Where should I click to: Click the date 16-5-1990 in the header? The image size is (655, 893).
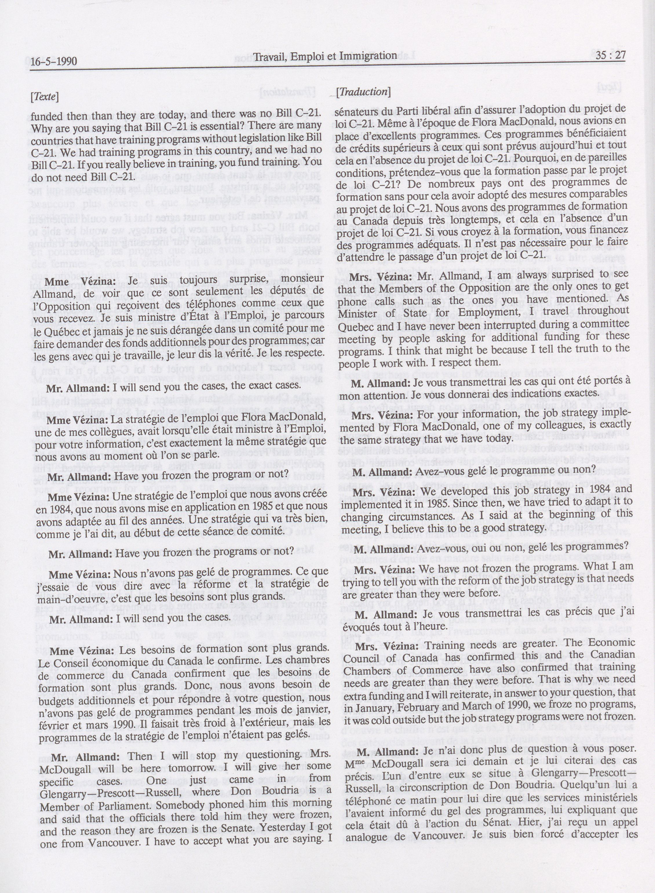point(54,61)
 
